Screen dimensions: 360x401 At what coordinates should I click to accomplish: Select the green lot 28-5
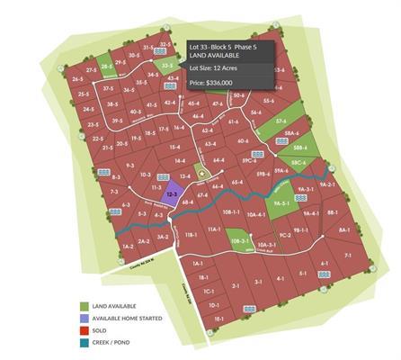pos(107,66)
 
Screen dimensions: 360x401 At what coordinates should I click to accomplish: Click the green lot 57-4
pos(281,121)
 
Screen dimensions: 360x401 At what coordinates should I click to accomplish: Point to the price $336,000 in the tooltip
pos(212,83)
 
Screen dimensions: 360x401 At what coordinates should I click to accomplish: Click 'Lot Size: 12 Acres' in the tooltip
pos(212,66)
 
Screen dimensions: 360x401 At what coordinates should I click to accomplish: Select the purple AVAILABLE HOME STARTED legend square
pos(84,319)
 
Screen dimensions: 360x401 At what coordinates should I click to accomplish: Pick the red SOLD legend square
pos(84,330)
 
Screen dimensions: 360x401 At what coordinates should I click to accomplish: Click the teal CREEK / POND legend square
pos(84,342)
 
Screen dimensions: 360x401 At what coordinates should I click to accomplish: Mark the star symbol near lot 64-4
pos(201,174)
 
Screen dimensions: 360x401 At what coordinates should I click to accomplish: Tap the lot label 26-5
pos(77,79)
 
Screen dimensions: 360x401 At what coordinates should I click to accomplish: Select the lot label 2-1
pos(236,286)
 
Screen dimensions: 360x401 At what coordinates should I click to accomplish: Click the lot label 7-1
pos(349,256)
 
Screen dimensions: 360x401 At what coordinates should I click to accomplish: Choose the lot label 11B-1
pos(190,235)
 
